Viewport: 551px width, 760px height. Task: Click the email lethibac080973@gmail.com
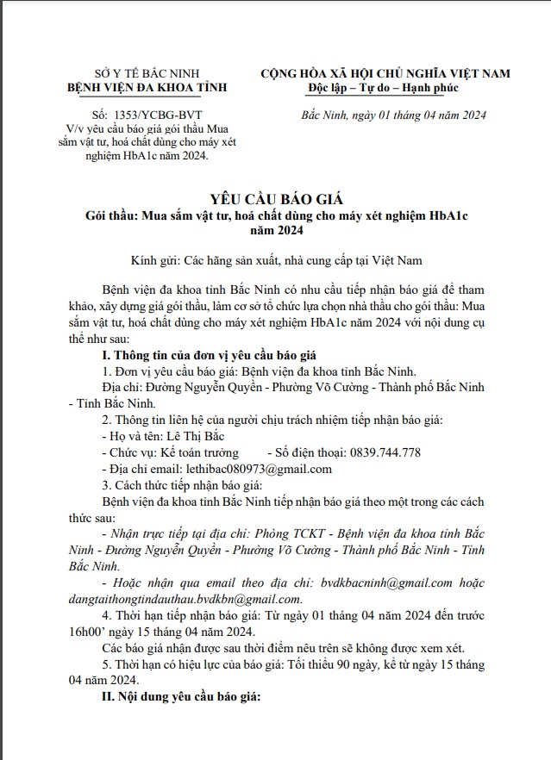(259, 469)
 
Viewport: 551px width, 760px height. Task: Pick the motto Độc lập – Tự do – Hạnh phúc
(384, 89)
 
